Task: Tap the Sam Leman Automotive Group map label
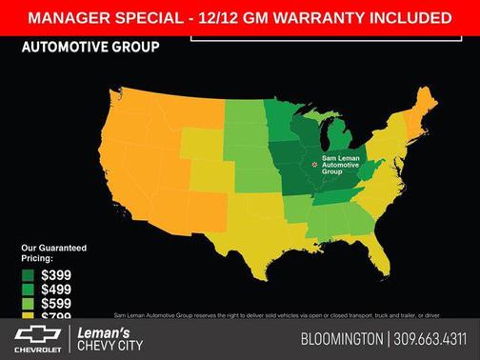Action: (341, 165)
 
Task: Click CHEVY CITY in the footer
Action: (111, 346)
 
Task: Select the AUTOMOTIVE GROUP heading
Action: (90, 46)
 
